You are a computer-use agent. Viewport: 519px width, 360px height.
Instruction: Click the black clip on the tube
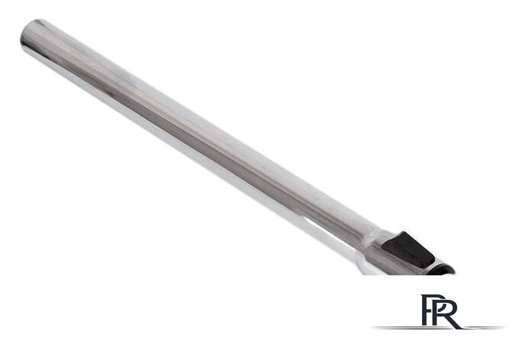408,249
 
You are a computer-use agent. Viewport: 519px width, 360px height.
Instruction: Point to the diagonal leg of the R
454,322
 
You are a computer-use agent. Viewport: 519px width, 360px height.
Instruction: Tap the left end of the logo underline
372,327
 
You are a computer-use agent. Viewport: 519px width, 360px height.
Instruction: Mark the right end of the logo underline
504,327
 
